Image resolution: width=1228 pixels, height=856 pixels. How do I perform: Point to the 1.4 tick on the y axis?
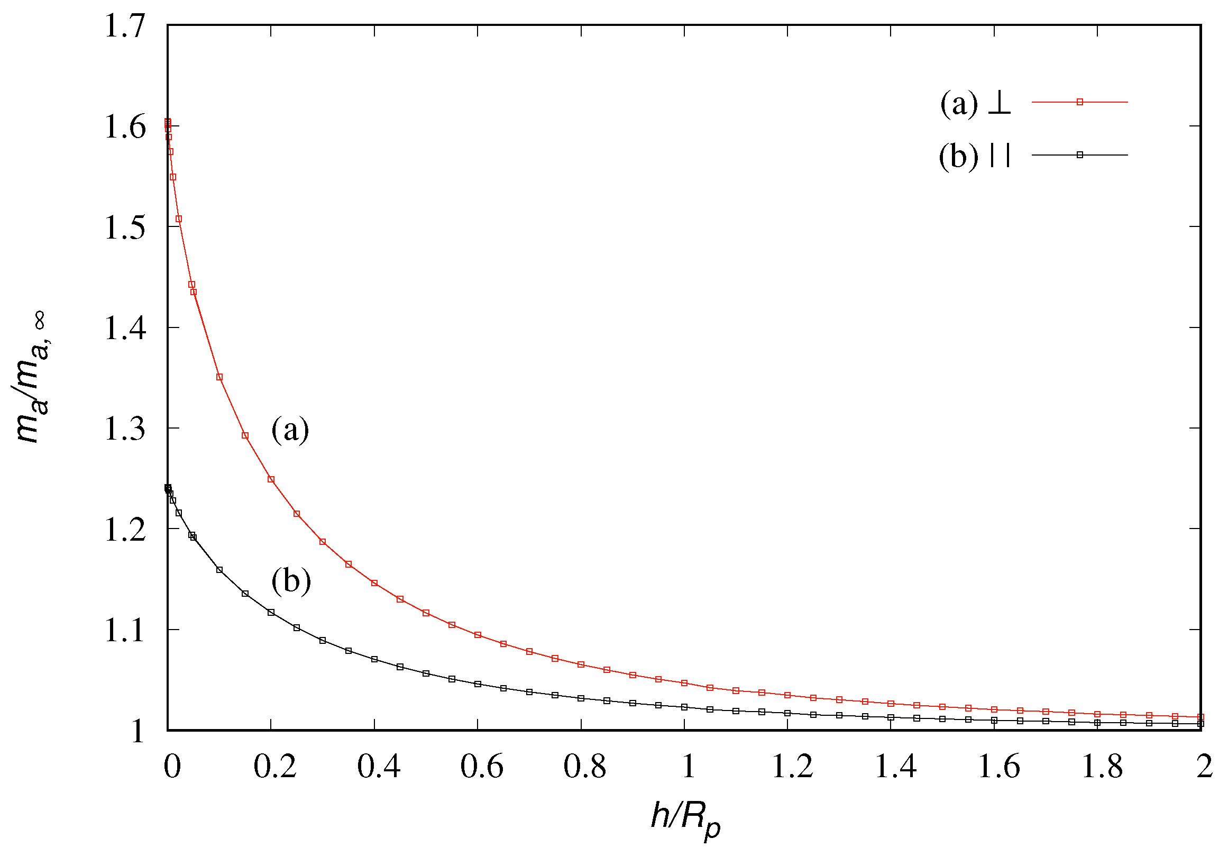click(125, 328)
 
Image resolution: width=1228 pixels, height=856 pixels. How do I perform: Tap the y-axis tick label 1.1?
click(125, 631)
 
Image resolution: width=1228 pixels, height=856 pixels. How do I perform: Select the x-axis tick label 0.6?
click(481, 767)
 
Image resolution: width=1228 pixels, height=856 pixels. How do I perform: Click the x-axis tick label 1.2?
click(792, 767)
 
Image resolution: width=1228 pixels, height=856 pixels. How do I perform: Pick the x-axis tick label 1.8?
click(1102, 767)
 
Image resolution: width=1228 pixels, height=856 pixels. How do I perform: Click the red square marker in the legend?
click(1079, 102)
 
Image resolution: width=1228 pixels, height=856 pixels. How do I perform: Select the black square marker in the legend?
click(1079, 155)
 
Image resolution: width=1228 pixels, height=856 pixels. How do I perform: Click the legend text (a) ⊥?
click(975, 103)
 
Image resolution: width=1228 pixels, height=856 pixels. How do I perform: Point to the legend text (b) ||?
click(975, 156)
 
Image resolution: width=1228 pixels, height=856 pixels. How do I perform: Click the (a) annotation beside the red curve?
click(290, 430)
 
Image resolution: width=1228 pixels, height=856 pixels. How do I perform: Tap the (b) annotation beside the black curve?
click(291, 581)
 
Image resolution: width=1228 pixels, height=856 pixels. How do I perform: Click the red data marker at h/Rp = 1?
click(684, 683)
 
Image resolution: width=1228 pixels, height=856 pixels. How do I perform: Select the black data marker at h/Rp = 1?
click(684, 707)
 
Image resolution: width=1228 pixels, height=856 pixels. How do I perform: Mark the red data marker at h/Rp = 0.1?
click(219, 377)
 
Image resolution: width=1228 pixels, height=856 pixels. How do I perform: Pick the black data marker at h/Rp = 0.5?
click(426, 673)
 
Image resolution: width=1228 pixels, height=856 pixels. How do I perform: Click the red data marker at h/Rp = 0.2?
click(271, 479)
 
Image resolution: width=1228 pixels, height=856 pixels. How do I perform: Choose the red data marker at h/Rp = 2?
click(1200, 717)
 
